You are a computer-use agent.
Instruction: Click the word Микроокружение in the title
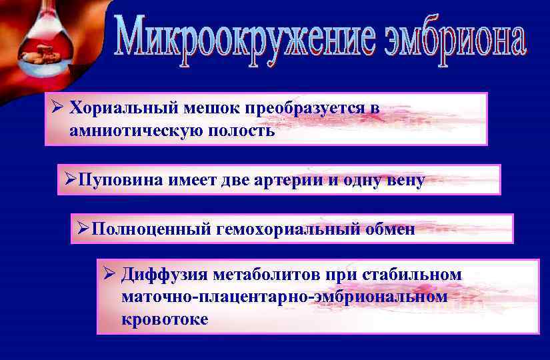pos(247,41)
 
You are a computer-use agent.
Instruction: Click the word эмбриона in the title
pos(456,40)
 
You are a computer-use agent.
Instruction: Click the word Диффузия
pos(164,275)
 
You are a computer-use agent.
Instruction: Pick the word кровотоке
pos(165,319)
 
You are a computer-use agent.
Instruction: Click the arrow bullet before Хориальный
pos(58,108)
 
